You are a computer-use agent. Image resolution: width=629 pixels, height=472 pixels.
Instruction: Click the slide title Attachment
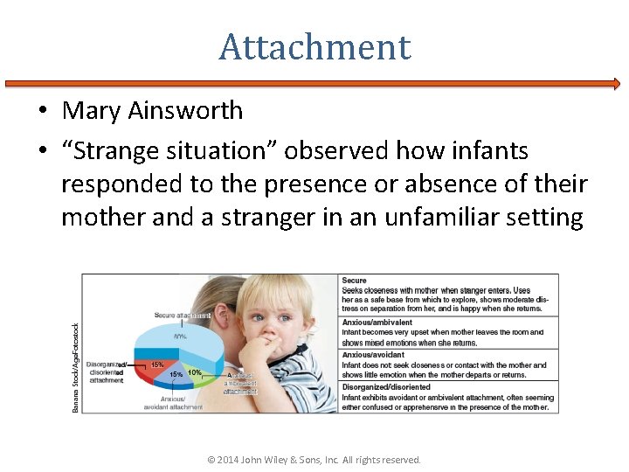(314, 46)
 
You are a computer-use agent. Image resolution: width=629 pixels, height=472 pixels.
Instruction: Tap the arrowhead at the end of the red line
(615, 84)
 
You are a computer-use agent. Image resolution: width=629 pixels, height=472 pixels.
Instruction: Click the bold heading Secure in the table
(355, 281)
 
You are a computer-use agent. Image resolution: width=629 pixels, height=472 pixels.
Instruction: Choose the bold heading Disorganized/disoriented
(386, 386)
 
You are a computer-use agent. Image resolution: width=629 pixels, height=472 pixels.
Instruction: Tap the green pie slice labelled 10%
(194, 373)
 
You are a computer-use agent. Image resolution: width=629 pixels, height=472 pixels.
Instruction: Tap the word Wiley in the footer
(288, 460)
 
